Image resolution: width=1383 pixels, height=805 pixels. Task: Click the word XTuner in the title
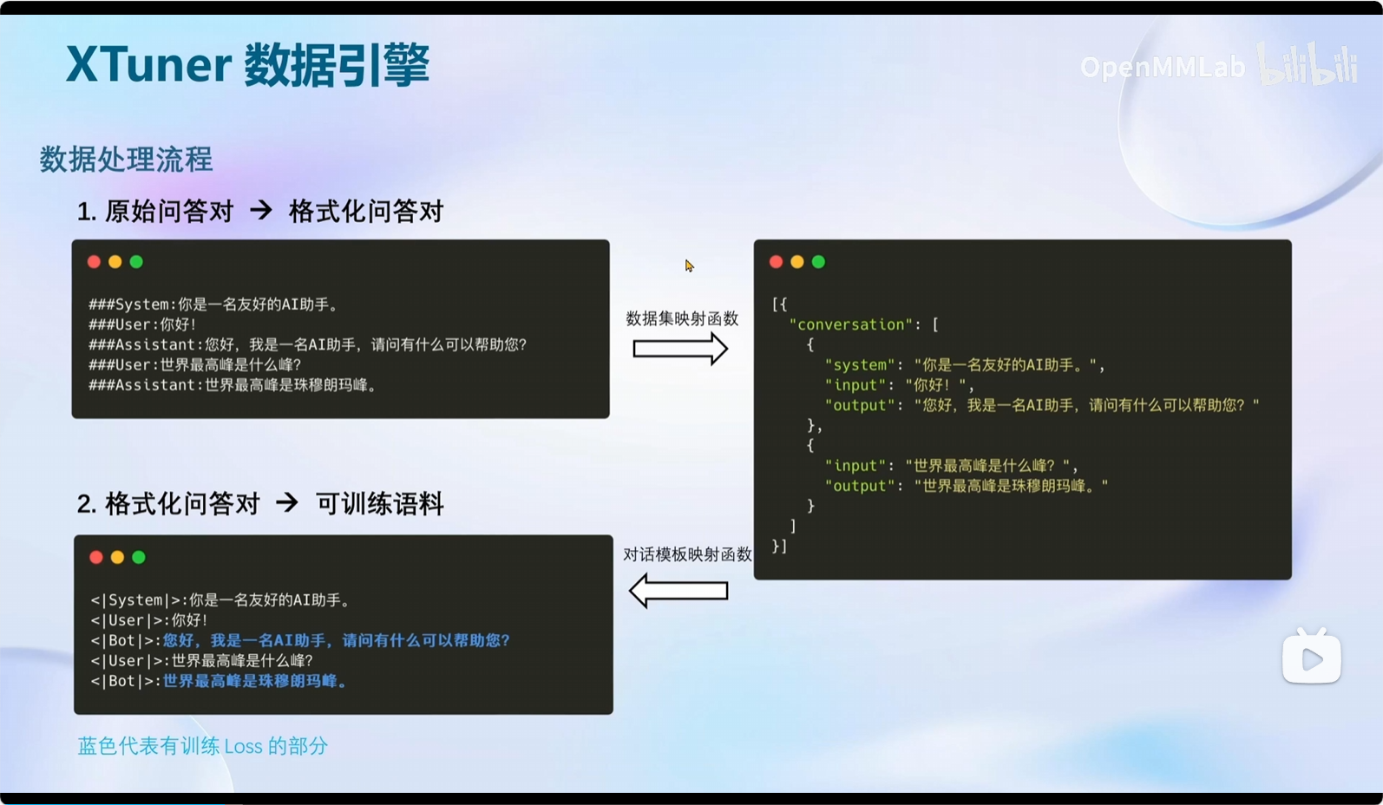click(x=148, y=64)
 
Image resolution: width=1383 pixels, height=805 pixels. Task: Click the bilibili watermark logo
click(x=1308, y=63)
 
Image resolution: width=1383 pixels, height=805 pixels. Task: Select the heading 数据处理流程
click(x=126, y=160)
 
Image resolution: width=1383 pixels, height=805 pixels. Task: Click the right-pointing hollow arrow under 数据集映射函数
click(x=680, y=349)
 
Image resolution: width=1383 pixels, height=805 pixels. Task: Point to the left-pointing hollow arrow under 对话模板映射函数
click(x=678, y=591)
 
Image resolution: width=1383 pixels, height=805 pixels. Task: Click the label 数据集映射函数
click(x=682, y=318)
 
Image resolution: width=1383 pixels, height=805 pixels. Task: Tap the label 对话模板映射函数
click(x=687, y=554)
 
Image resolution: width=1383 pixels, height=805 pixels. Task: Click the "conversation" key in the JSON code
click(x=851, y=324)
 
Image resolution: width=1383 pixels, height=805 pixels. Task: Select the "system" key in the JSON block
click(x=860, y=365)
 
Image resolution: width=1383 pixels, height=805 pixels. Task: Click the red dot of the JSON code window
click(x=776, y=262)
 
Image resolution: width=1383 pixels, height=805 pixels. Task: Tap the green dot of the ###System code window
click(x=136, y=262)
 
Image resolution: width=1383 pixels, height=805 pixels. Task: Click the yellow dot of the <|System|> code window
click(x=117, y=558)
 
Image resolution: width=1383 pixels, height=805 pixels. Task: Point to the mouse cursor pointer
click(x=689, y=265)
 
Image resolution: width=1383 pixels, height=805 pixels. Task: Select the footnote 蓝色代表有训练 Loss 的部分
click(x=202, y=746)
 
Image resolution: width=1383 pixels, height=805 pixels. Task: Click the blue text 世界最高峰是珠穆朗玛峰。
click(x=256, y=681)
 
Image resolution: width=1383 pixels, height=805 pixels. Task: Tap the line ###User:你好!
click(x=142, y=324)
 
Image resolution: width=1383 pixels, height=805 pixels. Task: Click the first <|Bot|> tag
click(x=126, y=641)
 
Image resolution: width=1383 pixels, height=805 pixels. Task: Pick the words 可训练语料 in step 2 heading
click(x=380, y=504)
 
